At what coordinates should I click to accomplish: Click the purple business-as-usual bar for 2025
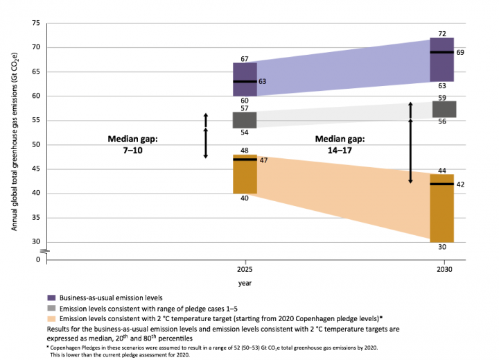tap(245, 79)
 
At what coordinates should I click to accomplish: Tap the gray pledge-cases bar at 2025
tap(245, 120)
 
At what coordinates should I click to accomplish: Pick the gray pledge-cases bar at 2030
tap(444, 110)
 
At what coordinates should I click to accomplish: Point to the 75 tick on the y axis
tap(35, 24)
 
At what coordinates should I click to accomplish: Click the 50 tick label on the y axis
tap(35, 145)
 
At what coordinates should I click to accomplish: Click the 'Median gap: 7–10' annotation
tap(133, 144)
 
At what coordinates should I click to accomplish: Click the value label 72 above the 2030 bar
tap(441, 33)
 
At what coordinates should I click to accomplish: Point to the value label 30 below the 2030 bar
tap(441, 247)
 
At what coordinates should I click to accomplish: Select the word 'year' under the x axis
tap(245, 283)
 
